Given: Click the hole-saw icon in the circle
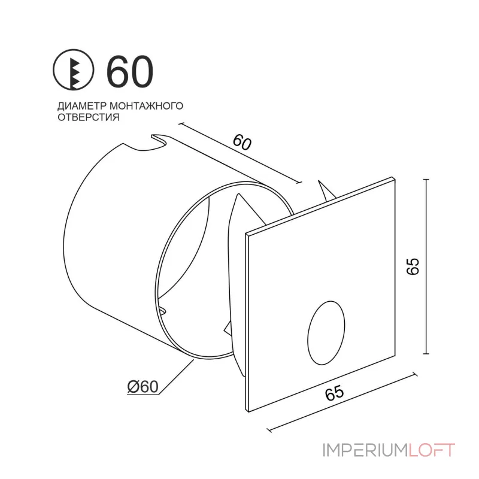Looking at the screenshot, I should point(74,71).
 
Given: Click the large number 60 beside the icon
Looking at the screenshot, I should point(130,71).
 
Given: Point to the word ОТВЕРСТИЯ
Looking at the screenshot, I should point(88,118).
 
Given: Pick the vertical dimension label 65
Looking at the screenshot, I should point(413,267).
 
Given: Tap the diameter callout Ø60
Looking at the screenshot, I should point(143,387).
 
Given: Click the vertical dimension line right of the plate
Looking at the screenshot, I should point(426,266).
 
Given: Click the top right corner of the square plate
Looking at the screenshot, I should point(393,178).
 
